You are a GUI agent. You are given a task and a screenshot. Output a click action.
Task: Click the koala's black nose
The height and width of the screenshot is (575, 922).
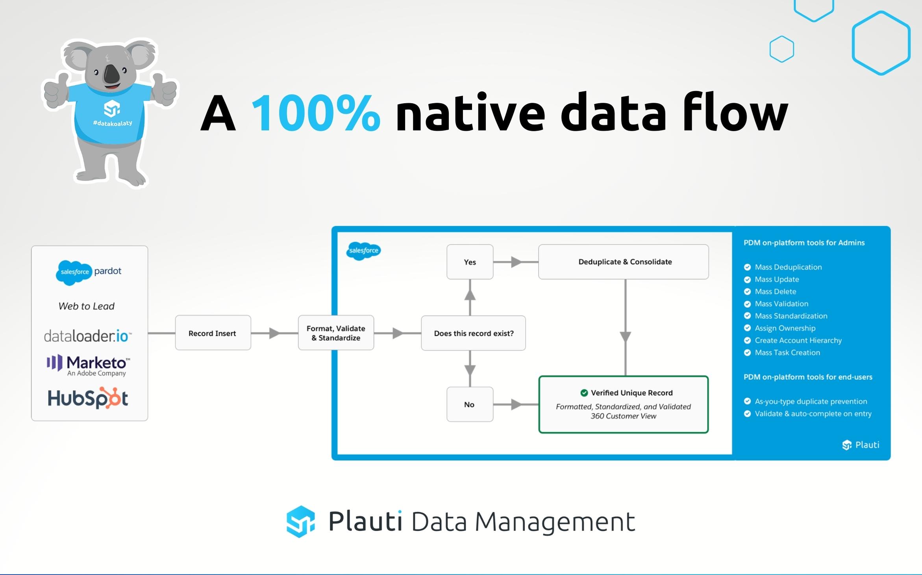[x=111, y=73]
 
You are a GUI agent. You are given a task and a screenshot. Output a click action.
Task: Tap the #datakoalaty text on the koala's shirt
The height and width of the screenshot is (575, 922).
[x=112, y=123]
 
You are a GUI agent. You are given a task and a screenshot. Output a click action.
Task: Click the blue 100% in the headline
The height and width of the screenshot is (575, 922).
[x=315, y=114]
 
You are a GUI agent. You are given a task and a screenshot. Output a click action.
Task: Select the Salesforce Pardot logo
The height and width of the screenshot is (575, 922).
[x=89, y=272]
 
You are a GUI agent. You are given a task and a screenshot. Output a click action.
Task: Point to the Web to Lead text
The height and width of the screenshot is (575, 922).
[x=86, y=306]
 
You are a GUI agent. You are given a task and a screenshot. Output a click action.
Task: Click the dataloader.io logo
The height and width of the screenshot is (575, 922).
[x=87, y=336]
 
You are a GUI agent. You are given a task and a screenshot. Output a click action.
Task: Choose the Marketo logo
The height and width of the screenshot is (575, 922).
[x=88, y=365]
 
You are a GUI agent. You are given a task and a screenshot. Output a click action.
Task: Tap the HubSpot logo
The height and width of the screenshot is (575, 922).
[x=88, y=398]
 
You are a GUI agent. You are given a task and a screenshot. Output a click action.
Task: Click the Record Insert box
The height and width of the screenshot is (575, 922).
[x=213, y=333]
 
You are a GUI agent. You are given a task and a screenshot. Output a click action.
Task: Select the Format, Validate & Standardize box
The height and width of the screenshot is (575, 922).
[x=336, y=333]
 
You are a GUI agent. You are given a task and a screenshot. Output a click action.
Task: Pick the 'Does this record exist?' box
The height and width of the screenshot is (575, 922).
[x=473, y=333]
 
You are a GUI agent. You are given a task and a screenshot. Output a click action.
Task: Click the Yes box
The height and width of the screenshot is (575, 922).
[x=470, y=262]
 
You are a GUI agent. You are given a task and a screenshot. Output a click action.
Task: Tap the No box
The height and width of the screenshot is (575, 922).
[x=469, y=404]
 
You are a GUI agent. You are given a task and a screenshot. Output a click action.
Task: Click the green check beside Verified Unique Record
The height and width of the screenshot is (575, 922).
[x=584, y=393]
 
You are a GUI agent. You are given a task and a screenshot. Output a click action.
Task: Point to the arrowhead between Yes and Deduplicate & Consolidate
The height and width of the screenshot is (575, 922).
[x=517, y=262]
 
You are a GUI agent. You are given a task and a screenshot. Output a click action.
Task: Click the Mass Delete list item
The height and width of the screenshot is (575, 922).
[x=775, y=292]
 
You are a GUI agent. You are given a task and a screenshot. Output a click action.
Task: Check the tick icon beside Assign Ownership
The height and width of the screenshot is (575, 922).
[x=747, y=328]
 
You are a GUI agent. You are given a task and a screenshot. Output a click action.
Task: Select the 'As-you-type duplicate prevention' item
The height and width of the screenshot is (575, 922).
[x=811, y=401]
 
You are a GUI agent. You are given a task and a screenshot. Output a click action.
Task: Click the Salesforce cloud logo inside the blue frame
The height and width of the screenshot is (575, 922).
[x=363, y=251]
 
